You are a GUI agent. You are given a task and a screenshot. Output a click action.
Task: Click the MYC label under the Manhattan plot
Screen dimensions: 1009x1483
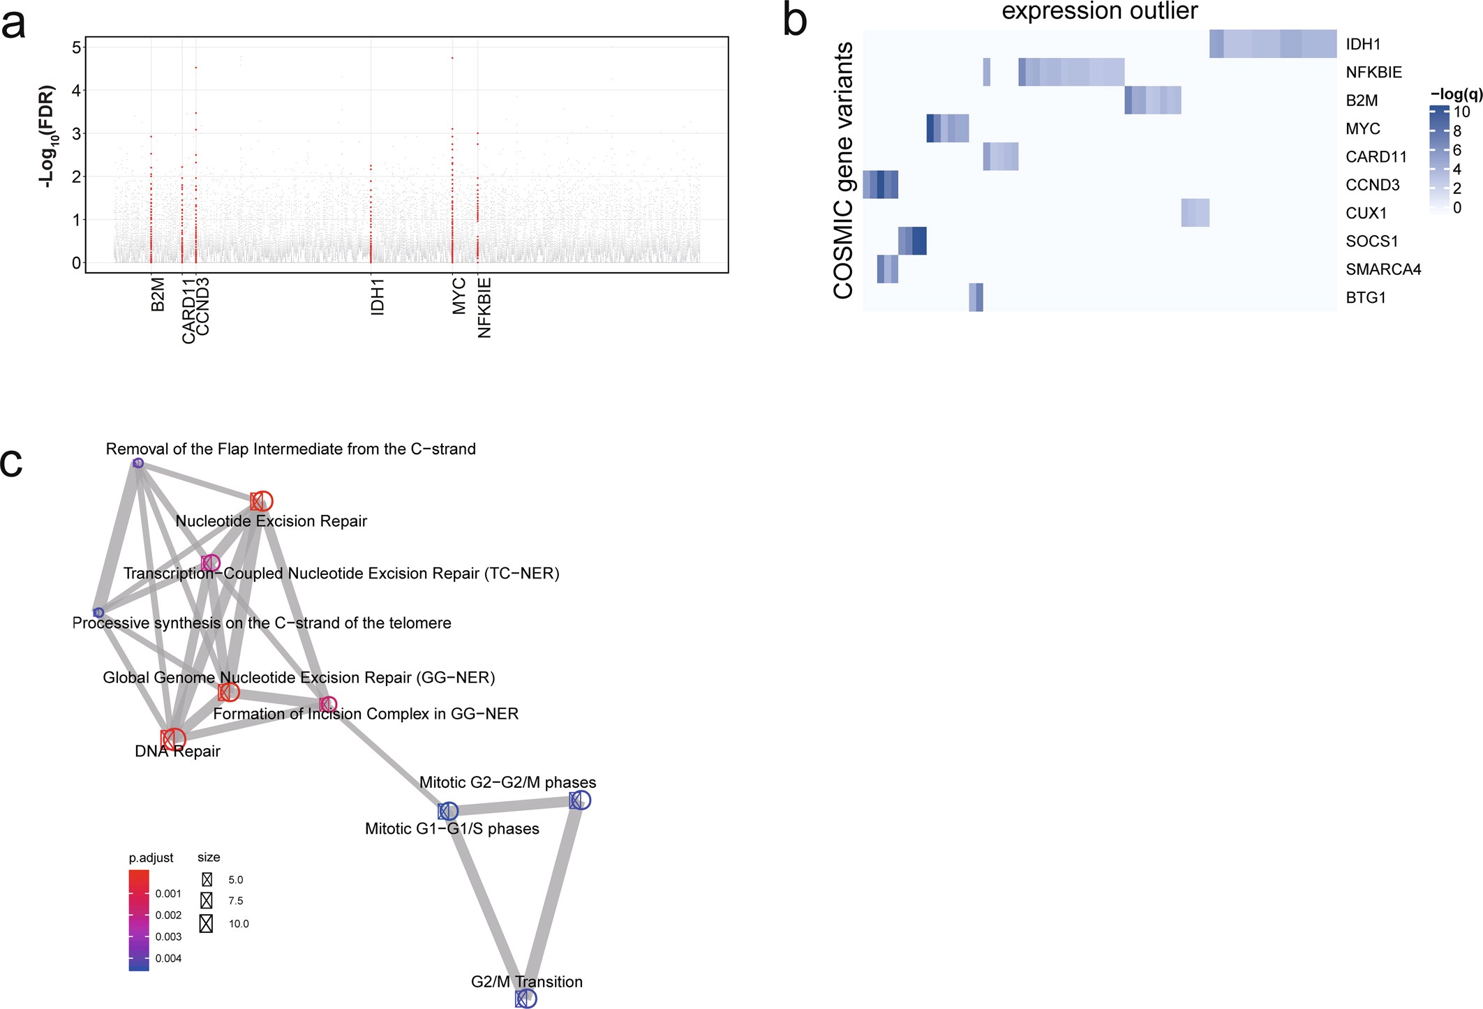point(459,297)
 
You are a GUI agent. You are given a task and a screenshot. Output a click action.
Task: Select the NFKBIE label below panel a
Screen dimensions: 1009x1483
point(484,308)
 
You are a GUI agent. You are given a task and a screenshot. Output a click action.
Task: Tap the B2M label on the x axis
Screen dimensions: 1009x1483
point(158,294)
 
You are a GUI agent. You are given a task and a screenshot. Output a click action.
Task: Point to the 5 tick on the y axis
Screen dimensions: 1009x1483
point(76,47)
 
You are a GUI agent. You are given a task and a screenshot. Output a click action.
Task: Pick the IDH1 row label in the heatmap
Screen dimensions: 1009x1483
point(1363,45)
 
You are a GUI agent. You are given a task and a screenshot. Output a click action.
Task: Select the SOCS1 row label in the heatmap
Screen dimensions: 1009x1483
point(1371,241)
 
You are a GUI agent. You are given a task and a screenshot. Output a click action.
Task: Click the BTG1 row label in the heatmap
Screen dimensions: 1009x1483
point(1365,298)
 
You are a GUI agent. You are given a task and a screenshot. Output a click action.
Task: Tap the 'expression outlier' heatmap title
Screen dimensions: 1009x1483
point(1099,11)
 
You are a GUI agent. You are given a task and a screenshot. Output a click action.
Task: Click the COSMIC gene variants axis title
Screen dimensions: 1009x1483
point(844,171)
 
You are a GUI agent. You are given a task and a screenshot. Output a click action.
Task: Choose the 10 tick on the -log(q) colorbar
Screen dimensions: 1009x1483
point(1461,112)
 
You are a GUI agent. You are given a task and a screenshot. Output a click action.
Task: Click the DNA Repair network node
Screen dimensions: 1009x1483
point(172,739)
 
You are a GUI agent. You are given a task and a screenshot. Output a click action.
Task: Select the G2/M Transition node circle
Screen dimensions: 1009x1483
point(526,999)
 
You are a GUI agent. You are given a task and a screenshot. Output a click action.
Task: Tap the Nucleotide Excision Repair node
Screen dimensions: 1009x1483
point(261,501)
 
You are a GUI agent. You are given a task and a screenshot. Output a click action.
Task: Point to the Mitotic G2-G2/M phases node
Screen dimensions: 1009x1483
point(579,800)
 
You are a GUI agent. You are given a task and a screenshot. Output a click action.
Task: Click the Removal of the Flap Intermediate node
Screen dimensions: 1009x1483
point(138,463)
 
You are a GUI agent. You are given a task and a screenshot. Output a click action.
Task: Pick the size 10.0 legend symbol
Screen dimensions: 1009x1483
point(206,923)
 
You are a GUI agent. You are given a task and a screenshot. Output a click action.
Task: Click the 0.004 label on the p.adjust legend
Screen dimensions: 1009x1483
point(168,958)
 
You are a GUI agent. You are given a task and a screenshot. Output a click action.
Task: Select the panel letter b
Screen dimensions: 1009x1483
point(795,21)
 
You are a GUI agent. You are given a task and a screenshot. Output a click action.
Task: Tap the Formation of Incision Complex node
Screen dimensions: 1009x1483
point(327,705)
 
